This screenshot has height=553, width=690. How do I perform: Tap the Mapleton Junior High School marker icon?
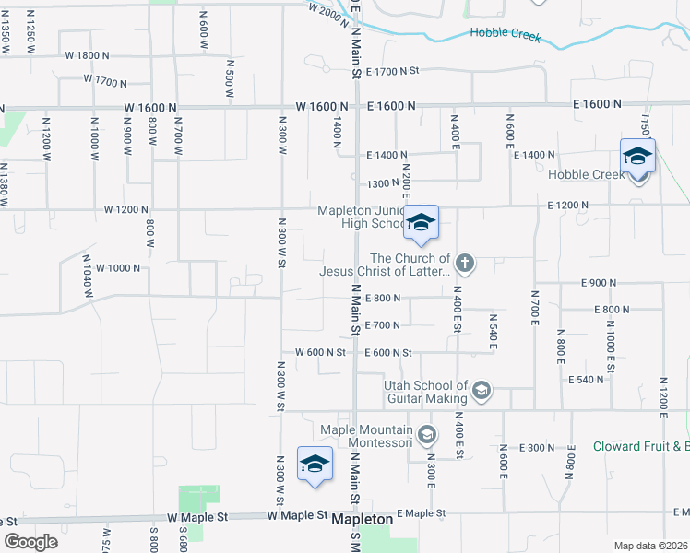(x=421, y=224)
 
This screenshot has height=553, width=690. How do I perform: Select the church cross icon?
(x=465, y=265)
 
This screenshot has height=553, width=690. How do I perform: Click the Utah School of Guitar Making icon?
(x=481, y=392)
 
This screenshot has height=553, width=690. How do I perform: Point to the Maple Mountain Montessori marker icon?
(x=426, y=434)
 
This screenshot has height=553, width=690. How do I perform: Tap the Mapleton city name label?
(x=363, y=520)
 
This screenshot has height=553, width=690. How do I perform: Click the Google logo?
(x=30, y=542)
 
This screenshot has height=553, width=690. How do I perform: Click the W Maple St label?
(x=197, y=518)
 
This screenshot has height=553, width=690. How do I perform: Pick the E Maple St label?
(x=422, y=512)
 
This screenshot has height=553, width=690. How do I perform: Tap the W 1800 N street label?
(x=87, y=55)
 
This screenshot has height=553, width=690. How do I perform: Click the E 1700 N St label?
(x=392, y=71)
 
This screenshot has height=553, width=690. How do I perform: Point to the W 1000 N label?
(x=117, y=268)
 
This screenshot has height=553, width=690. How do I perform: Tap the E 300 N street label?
(x=537, y=448)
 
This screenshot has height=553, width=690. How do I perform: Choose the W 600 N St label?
(x=320, y=352)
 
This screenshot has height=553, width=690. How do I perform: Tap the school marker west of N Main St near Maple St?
(x=315, y=464)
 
